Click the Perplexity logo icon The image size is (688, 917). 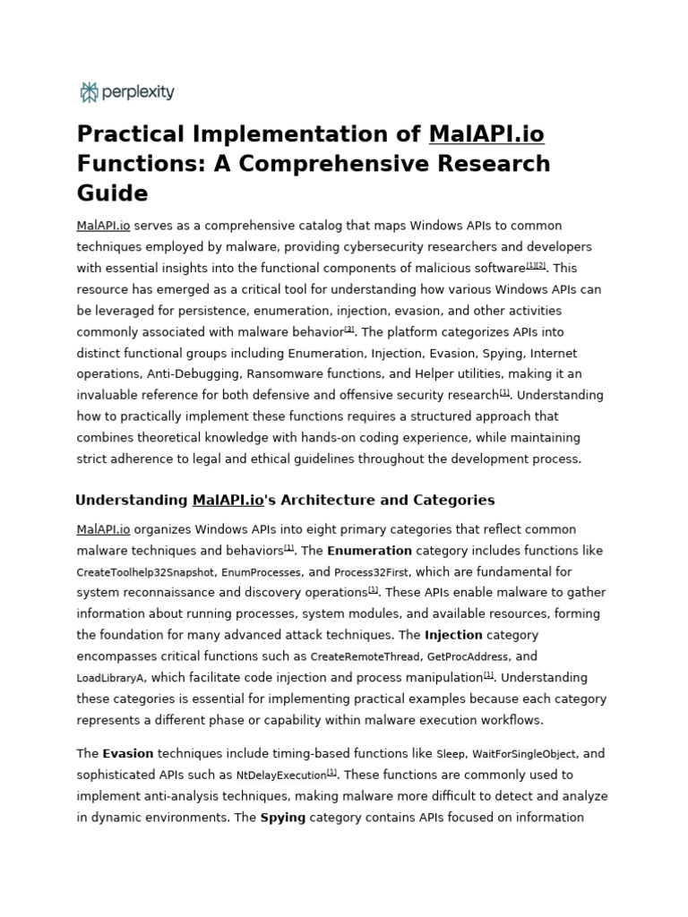89,91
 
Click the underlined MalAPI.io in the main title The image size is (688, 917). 486,134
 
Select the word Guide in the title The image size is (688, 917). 112,193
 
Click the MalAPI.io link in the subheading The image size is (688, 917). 228,500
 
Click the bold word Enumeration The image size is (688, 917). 369,551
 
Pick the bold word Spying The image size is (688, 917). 283,818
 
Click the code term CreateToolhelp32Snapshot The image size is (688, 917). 145,572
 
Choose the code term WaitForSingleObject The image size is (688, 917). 524,754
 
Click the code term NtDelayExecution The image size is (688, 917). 280,776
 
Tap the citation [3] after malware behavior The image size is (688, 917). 349,330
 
